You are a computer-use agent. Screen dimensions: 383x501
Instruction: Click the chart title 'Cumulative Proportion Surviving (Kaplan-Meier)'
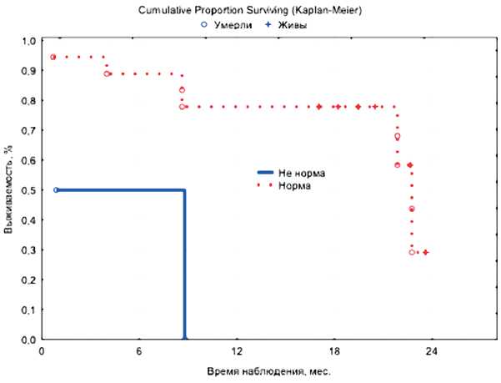250,11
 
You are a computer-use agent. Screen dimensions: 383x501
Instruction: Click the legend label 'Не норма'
302,172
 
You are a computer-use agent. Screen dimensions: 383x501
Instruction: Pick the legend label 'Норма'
296,185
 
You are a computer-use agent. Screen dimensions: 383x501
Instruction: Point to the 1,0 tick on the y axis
28,41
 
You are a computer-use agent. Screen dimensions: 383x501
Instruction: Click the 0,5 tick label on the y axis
28,190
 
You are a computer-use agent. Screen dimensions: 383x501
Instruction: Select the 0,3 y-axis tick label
28,250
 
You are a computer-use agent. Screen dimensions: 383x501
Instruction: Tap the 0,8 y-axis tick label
28,101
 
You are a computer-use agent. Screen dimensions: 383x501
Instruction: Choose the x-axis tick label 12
237,352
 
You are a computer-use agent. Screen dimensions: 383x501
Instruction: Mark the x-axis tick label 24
432,352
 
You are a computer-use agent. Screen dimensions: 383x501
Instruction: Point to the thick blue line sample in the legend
265,172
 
